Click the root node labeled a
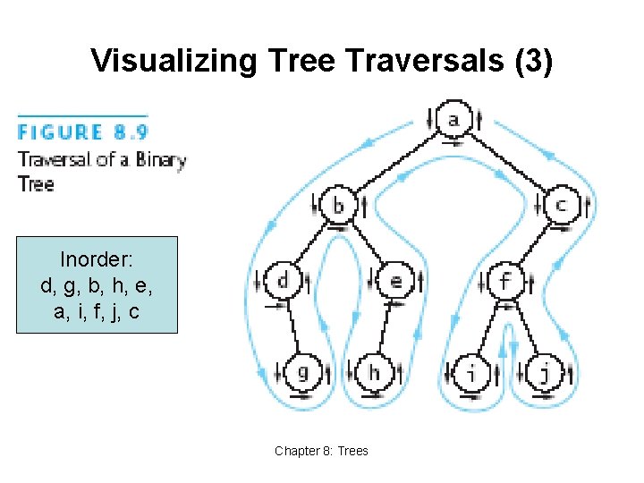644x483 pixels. pos(454,119)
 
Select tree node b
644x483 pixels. pos(338,206)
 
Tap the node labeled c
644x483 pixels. pos(561,206)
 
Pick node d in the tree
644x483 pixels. pos(283,281)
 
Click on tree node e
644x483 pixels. pos(395,281)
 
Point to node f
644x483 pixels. pos(505,281)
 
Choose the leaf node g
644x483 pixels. pos(302,371)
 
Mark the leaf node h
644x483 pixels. pos(375,371)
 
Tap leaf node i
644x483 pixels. pos(471,371)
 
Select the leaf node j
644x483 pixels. pos(544,371)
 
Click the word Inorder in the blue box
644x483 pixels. pos(96,259)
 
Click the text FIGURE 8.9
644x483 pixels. pos(83,132)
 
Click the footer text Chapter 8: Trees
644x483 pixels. pos(321,451)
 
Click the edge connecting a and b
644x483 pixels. pos(398,161)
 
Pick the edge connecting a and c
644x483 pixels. pos(508,161)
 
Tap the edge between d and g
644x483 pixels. pos(292,326)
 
